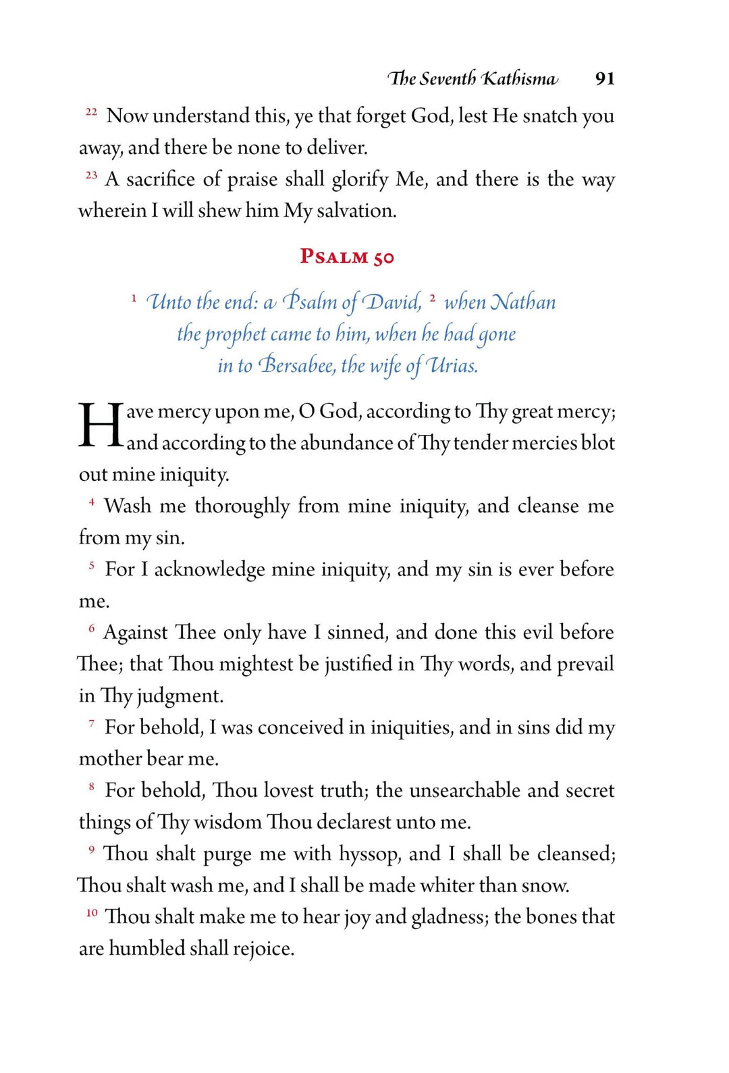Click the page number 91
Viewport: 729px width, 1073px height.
[x=604, y=79]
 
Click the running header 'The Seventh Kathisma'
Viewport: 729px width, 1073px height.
[x=473, y=79]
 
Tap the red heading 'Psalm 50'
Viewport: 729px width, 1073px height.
[x=347, y=257]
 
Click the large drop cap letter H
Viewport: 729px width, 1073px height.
[x=101, y=426]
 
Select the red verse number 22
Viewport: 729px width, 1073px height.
[x=91, y=111]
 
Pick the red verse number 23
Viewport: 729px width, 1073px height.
[x=91, y=175]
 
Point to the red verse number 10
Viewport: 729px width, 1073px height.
[x=92, y=913]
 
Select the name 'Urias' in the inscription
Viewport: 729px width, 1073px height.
[x=452, y=365]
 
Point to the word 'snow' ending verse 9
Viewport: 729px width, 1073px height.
[x=547, y=885]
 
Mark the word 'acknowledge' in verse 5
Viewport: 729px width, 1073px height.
[x=209, y=570]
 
